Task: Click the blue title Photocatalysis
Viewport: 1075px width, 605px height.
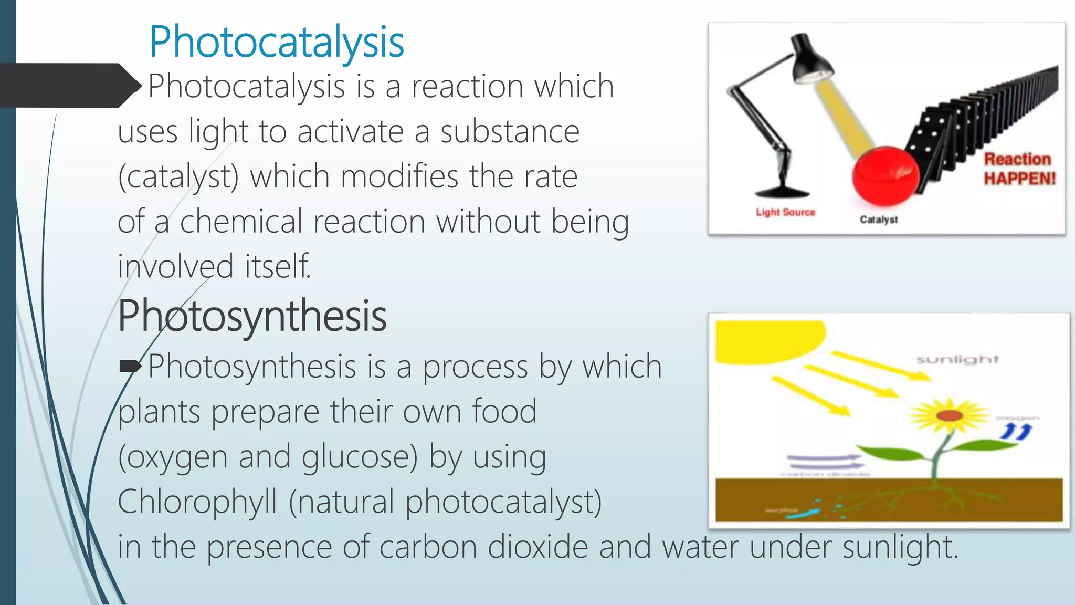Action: (x=276, y=42)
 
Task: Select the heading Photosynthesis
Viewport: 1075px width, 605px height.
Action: (x=252, y=316)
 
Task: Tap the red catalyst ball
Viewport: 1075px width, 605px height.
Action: (x=886, y=175)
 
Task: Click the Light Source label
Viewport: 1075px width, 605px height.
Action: (x=785, y=212)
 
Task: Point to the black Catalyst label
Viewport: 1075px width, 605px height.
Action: (x=879, y=220)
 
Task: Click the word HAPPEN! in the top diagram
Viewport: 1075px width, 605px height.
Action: (x=1019, y=179)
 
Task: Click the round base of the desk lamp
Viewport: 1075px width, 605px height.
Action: (x=782, y=191)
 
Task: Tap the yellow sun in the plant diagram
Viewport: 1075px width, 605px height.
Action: (x=767, y=341)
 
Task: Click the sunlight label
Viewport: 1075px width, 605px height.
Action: (x=957, y=359)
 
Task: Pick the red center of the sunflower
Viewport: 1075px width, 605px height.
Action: (x=950, y=416)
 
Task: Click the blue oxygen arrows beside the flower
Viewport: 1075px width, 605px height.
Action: (x=1016, y=432)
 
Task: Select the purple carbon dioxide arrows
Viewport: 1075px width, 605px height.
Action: (x=824, y=462)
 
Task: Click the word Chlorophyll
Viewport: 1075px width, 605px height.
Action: (x=197, y=502)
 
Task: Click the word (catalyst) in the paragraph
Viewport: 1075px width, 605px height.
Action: (x=178, y=176)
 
